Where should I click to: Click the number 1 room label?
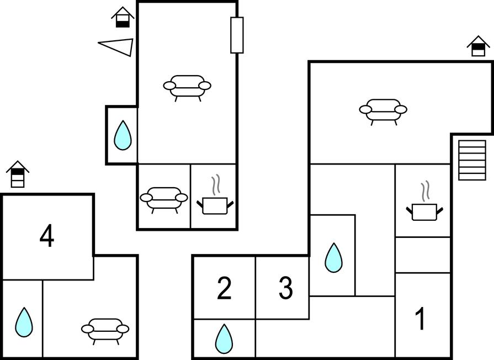click(421, 319)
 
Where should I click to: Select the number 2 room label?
click(224, 288)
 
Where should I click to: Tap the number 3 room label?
click(285, 288)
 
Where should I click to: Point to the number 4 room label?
click(47, 237)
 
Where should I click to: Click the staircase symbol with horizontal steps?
click(472, 160)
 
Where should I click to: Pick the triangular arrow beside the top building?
click(117, 46)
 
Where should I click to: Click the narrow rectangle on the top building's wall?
click(237, 35)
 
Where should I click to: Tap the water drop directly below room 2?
click(224, 338)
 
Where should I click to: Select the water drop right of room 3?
click(333, 257)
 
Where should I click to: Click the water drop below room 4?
click(24, 322)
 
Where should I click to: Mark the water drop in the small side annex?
click(123, 135)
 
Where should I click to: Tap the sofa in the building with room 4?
click(105, 330)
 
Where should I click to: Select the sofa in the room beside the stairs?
click(383, 111)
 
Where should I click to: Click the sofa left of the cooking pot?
click(163, 199)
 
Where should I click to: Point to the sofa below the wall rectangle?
click(187, 87)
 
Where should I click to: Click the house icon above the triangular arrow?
click(123, 17)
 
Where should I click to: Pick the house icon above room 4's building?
click(18, 174)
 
